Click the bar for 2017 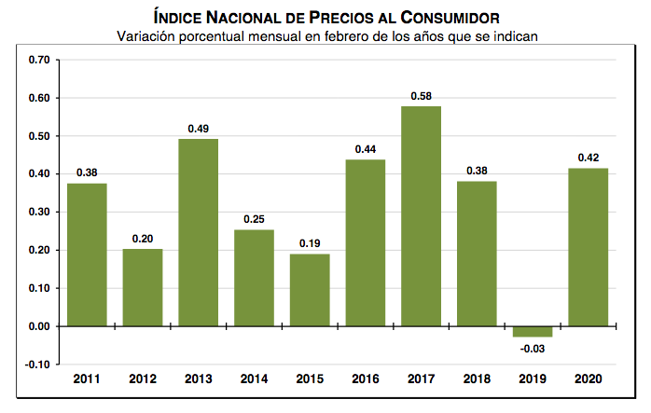(421, 216)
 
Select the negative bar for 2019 (532, 332)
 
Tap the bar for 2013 (198, 233)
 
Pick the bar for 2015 (309, 290)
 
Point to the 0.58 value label (421, 96)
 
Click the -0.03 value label (531, 349)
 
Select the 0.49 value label (198, 129)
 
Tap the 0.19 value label (309, 243)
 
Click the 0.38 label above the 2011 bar (87, 172)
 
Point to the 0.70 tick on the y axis (39, 60)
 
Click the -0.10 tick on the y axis (37, 365)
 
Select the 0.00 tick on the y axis (39, 326)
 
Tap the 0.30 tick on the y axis (39, 212)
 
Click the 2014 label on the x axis (254, 380)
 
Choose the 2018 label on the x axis (476, 380)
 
